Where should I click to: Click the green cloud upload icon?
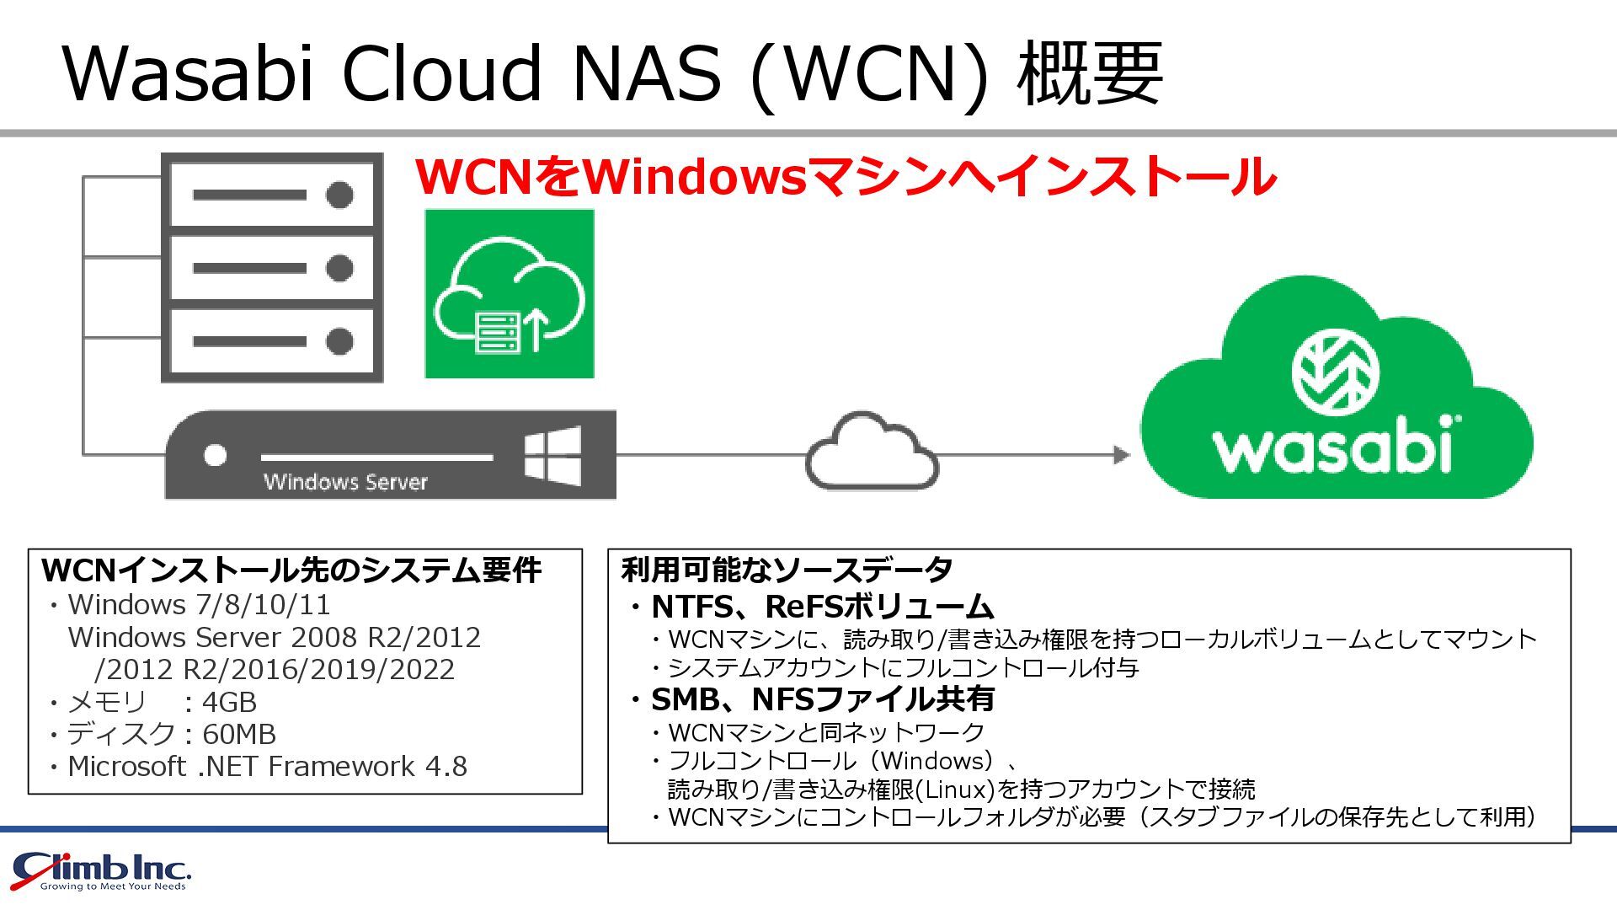click(510, 294)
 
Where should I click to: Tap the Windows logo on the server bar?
click(552, 455)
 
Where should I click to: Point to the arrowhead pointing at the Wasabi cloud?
click(1121, 455)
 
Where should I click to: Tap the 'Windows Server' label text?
click(345, 482)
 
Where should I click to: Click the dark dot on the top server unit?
click(339, 195)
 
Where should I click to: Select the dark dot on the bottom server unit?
click(339, 341)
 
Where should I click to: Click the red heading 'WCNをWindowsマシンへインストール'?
click(846, 176)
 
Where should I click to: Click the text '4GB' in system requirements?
click(229, 702)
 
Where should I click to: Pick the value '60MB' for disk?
click(239, 734)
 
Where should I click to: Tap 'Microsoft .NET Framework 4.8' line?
click(267, 766)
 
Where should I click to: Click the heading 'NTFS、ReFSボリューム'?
click(822, 607)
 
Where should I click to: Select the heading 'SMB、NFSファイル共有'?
click(822, 699)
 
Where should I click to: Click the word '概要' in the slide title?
click(1090, 73)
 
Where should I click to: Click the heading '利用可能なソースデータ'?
click(787, 570)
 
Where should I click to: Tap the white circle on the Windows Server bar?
click(216, 455)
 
